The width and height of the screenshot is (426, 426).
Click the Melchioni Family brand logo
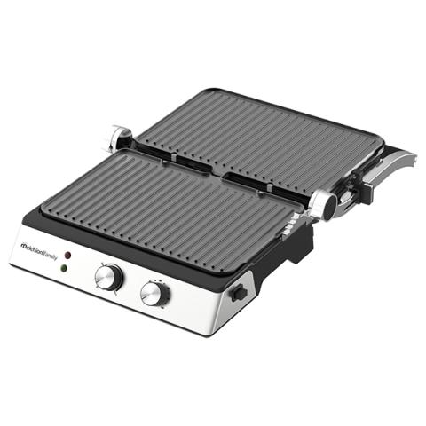pos(39,251)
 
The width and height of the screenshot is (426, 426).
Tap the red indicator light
pos(67,255)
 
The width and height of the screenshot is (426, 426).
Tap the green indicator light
pos(63,269)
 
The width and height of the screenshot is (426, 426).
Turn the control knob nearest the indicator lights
pos(108,278)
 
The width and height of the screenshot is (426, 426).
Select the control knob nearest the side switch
pos(155,294)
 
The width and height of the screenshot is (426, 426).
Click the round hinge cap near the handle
pos(325,204)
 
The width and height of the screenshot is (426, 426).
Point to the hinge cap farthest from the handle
pos(121,137)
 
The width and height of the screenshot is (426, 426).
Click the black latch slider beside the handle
pos(370,189)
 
